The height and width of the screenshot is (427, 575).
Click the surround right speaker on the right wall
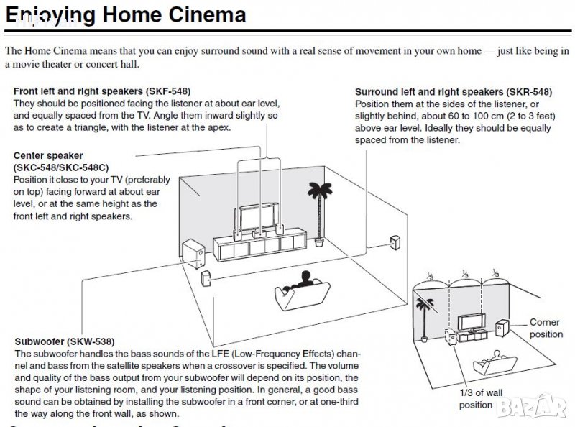pyautogui.click(x=394, y=242)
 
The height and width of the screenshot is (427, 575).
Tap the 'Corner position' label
pyautogui.click(x=546, y=329)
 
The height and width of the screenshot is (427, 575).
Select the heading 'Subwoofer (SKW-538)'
pyautogui.click(x=64, y=341)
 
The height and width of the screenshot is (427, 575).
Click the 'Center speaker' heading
pyautogui.click(x=48, y=155)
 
